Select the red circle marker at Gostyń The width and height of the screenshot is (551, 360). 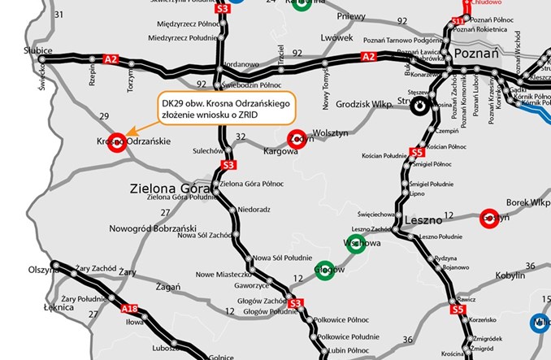pos(489,218)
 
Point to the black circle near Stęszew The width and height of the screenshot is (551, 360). pos(420,105)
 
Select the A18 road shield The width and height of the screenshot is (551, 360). pos(126,309)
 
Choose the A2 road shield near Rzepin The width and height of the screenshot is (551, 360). pos(112,59)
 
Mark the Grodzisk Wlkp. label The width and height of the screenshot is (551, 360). pos(355,104)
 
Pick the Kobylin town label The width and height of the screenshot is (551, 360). pos(510,276)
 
